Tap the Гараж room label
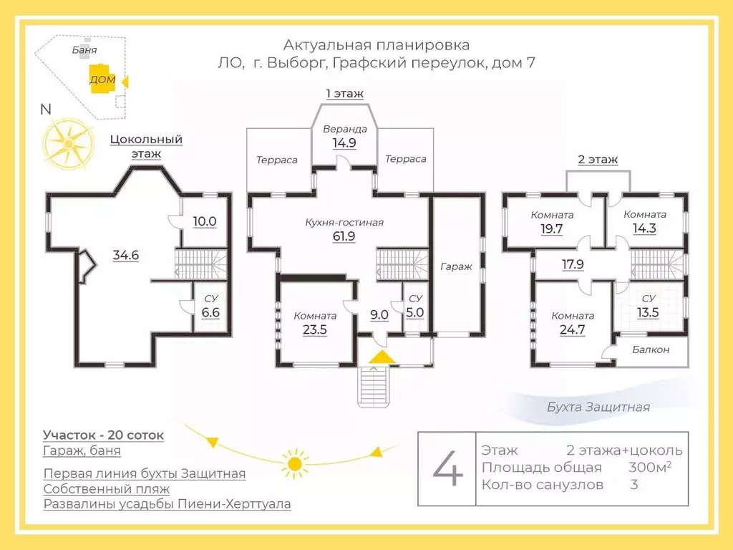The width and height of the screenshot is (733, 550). coord(456,266)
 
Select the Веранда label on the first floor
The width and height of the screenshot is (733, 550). coord(344,130)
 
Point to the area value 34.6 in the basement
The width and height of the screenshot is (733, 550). coord(125,254)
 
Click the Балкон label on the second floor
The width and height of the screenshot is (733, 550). coord(651,349)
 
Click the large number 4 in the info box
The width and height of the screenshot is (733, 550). coord(448,470)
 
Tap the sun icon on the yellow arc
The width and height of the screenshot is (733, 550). coord(293,463)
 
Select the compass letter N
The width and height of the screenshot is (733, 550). coord(46,110)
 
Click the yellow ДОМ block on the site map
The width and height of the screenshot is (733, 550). coord(101,79)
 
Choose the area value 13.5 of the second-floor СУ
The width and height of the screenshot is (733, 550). coord(649,312)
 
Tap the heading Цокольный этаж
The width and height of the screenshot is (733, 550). coord(146,146)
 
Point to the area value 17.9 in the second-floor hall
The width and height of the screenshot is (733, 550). coord(573,264)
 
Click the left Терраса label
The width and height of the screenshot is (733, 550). coord(277,160)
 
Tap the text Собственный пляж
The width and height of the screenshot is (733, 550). coord(106,489)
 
